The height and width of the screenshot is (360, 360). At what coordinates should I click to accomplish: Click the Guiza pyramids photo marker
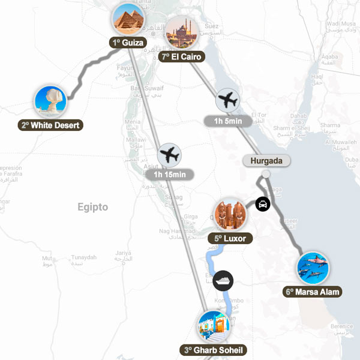pyautogui.click(x=130, y=19)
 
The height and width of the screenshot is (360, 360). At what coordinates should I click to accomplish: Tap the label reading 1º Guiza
pyautogui.click(x=127, y=43)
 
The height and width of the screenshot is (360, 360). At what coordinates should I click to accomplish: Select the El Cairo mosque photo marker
pyautogui.click(x=182, y=33)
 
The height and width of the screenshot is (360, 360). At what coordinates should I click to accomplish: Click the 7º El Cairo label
pyautogui.click(x=182, y=57)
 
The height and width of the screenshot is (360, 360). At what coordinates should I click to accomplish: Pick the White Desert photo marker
pyautogui.click(x=50, y=101)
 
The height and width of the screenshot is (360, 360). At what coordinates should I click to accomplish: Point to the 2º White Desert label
pyautogui.click(x=50, y=125)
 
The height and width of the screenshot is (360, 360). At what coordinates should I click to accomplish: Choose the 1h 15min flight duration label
pyautogui.click(x=170, y=175)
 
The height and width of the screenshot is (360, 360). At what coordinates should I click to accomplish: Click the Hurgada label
pyautogui.click(x=266, y=161)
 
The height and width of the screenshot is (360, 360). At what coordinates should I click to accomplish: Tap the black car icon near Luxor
pyautogui.click(x=262, y=204)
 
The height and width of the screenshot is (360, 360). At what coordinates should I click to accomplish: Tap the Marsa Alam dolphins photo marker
pyautogui.click(x=313, y=268)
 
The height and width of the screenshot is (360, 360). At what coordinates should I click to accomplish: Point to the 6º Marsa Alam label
pyautogui.click(x=313, y=292)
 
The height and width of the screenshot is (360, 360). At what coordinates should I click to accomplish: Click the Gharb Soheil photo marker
pyautogui.click(x=214, y=326)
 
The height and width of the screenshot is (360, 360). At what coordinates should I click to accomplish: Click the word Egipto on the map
pyautogui.click(x=92, y=208)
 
